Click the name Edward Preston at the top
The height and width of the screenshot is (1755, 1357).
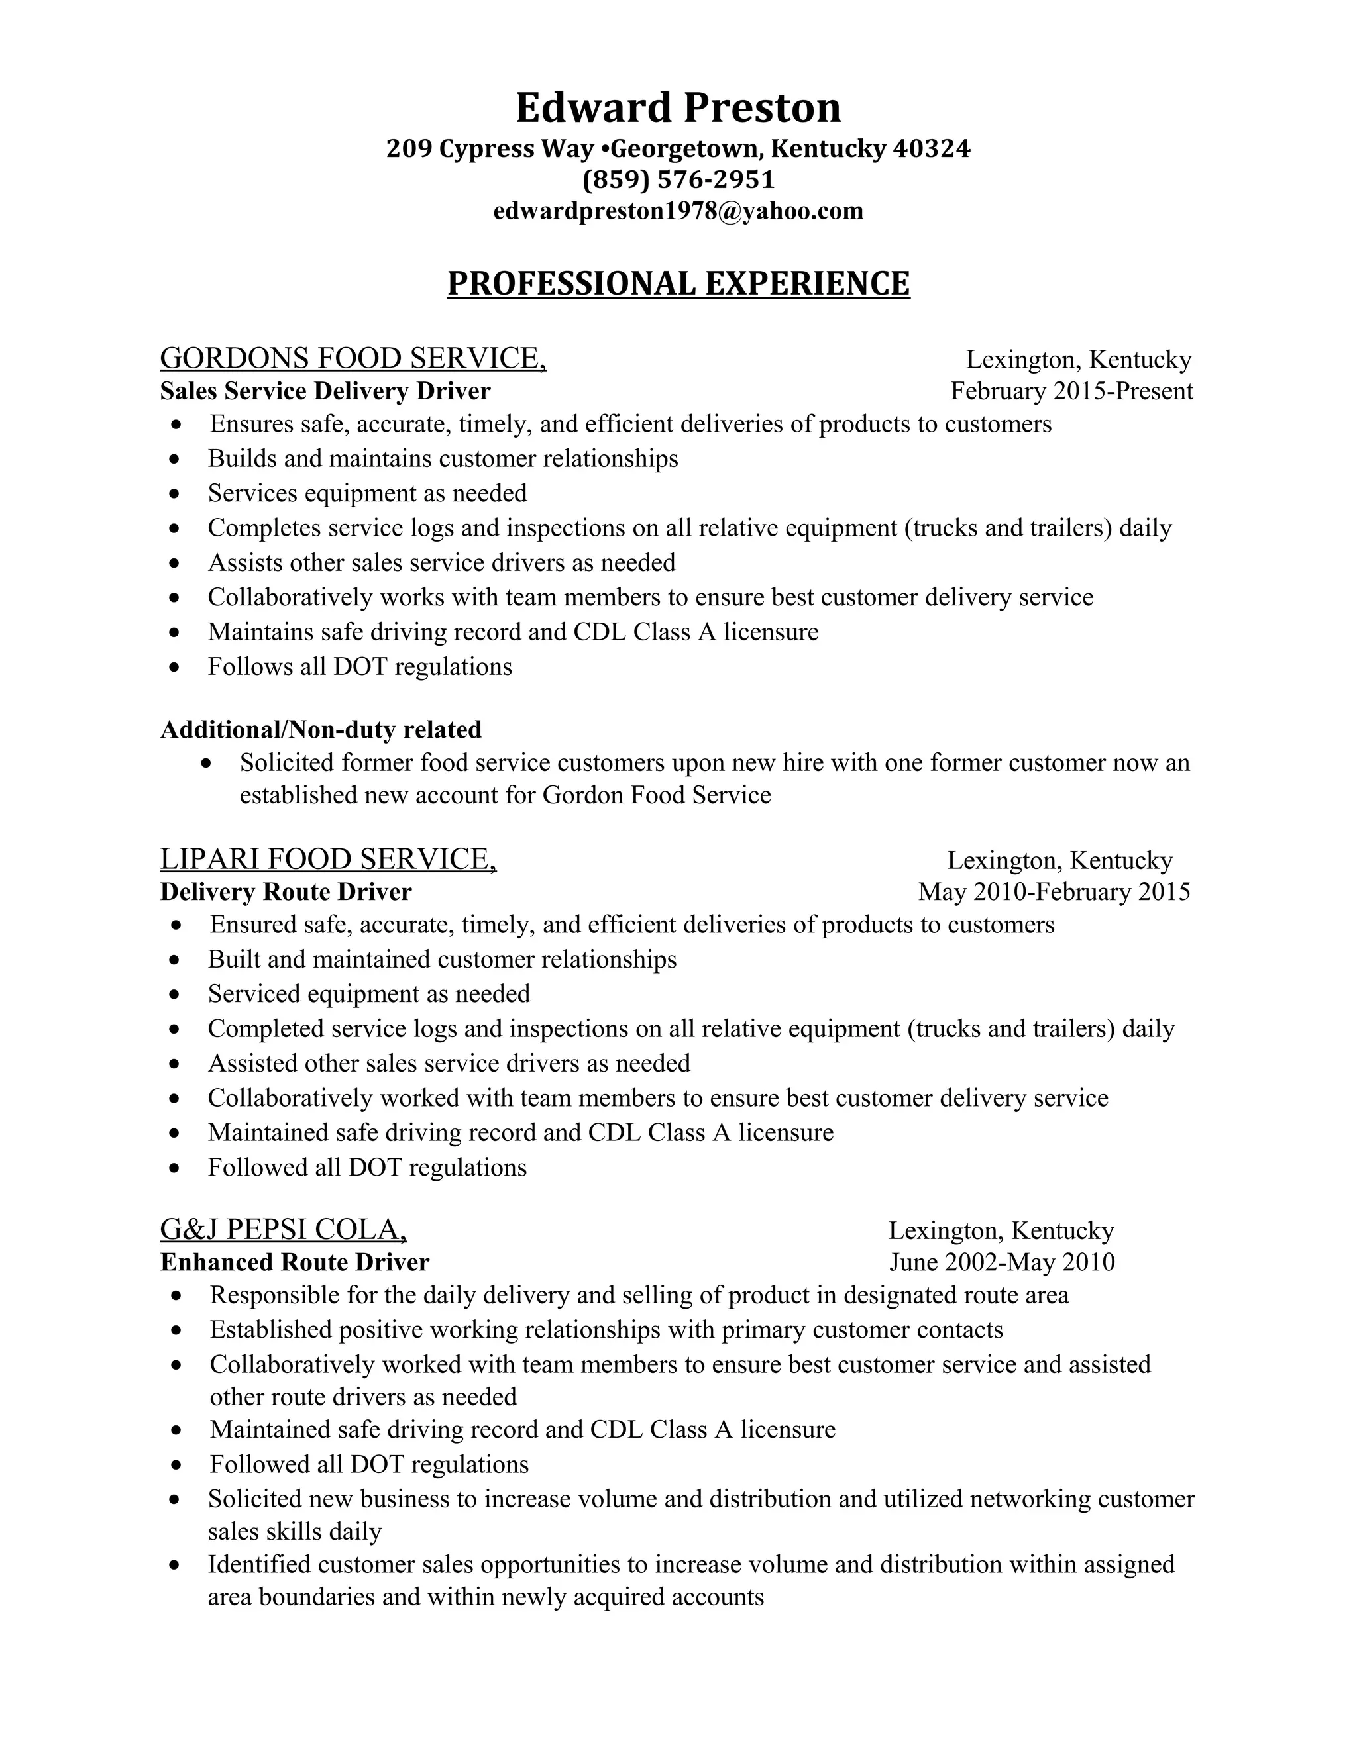pyautogui.click(x=678, y=108)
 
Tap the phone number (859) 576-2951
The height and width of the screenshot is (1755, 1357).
pyautogui.click(x=678, y=179)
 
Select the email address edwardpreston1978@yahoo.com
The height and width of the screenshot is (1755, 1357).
pyautogui.click(x=678, y=211)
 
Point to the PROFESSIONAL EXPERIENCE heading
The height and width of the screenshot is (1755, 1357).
pyautogui.click(x=678, y=283)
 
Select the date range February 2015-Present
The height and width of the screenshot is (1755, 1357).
pyautogui.click(x=1071, y=391)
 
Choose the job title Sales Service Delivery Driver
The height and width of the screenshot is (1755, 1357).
pyautogui.click(x=325, y=391)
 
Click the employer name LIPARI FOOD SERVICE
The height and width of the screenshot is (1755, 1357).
pyautogui.click(x=327, y=859)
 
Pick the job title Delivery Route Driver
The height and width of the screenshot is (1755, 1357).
pyautogui.click(x=286, y=892)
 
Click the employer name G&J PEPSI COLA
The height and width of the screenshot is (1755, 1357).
pyautogui.click(x=283, y=1229)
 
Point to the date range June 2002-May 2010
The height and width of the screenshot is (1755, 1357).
pyautogui.click(x=1001, y=1262)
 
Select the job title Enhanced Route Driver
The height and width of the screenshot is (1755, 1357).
pyautogui.click(x=294, y=1262)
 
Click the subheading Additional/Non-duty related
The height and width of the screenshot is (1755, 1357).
pyautogui.click(x=321, y=729)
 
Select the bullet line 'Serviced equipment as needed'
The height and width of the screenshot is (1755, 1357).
pyautogui.click(x=368, y=994)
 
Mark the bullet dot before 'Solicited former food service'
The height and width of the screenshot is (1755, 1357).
pyautogui.click(x=207, y=762)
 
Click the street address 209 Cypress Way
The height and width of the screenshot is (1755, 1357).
pyautogui.click(x=490, y=148)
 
